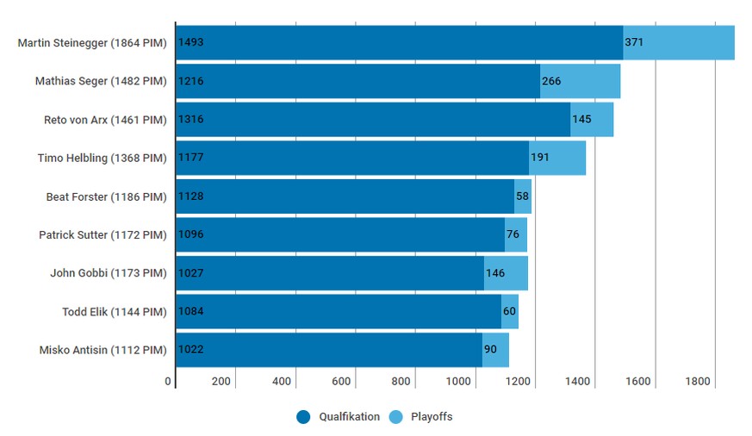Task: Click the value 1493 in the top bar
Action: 190,42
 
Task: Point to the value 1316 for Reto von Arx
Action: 190,119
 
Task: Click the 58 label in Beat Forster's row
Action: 523,196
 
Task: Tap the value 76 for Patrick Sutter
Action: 513,234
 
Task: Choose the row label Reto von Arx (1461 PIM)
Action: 105,120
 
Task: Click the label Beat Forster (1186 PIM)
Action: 106,196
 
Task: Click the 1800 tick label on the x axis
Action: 698,382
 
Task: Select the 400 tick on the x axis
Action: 282,382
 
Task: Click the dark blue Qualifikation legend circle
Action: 303,417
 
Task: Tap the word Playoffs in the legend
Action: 432,417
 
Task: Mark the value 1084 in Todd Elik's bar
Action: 190,312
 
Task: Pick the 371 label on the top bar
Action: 634,42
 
